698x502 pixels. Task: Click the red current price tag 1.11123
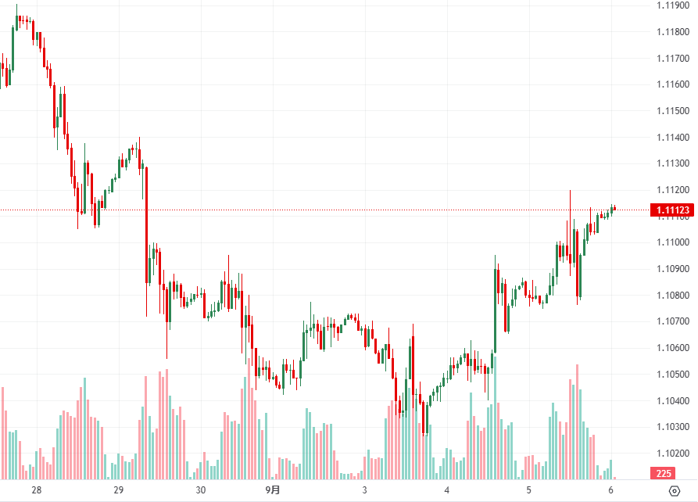pos(672,210)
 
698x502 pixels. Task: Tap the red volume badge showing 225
pos(664,473)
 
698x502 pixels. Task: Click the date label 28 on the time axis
pos(36,490)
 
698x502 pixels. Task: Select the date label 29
pos(119,490)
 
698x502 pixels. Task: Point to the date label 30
pos(201,490)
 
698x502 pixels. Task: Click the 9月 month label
pos(272,490)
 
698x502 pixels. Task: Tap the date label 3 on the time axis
pos(364,490)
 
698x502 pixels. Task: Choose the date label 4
pos(446,490)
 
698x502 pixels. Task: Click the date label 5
pos(528,490)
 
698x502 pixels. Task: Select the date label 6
pos(610,490)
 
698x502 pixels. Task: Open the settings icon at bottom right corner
pos(675,490)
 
